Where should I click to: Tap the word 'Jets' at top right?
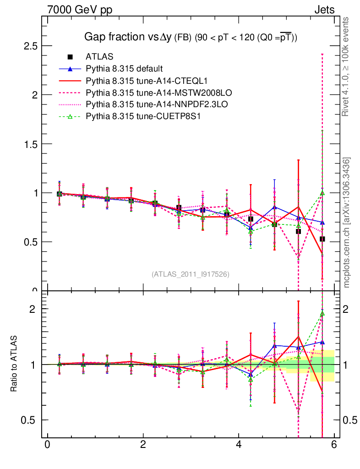(x=324, y=10)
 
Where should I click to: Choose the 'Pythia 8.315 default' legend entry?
(x=124, y=69)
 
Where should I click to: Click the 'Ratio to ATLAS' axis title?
(x=14, y=364)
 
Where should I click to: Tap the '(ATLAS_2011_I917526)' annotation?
(x=191, y=274)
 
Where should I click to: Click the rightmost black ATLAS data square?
(x=322, y=239)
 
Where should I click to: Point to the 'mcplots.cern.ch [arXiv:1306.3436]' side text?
(x=347, y=223)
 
